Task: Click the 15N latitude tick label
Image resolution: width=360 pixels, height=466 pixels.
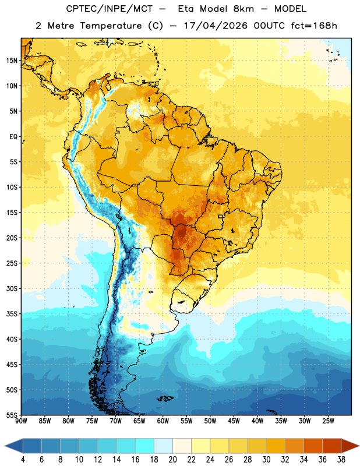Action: coord(12,61)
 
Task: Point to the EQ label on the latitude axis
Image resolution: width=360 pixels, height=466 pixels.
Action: coord(13,137)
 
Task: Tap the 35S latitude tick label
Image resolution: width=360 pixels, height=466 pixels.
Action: coord(12,314)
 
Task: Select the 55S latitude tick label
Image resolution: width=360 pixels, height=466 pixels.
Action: coord(12,415)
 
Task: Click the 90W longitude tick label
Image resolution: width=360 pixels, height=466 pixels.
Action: coord(21,421)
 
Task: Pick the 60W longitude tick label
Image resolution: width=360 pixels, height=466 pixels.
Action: coord(163,421)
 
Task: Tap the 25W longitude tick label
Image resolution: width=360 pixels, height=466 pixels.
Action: coord(328,421)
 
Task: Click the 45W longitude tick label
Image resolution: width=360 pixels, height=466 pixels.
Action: coord(234,421)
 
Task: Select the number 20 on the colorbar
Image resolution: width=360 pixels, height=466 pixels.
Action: coord(172,460)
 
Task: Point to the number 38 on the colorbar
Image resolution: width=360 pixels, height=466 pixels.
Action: coord(341,460)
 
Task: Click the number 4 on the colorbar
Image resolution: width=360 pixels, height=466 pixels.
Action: coord(23,460)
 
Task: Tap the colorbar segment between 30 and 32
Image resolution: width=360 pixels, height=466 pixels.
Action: coord(276,446)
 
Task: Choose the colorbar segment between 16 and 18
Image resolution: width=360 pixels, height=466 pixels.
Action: coord(144,446)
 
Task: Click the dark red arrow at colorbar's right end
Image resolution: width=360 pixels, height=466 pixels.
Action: coord(350,446)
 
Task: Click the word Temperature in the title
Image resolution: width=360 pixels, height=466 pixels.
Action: coord(111,26)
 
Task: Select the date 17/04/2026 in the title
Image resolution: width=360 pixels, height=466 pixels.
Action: coord(216,26)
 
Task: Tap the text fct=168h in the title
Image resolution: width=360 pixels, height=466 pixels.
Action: coord(314,26)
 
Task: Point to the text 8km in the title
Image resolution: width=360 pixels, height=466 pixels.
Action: coord(243,9)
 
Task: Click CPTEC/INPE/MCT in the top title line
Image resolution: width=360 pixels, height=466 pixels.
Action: coord(109,9)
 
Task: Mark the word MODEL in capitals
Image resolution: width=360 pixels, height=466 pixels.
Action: coord(290,9)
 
